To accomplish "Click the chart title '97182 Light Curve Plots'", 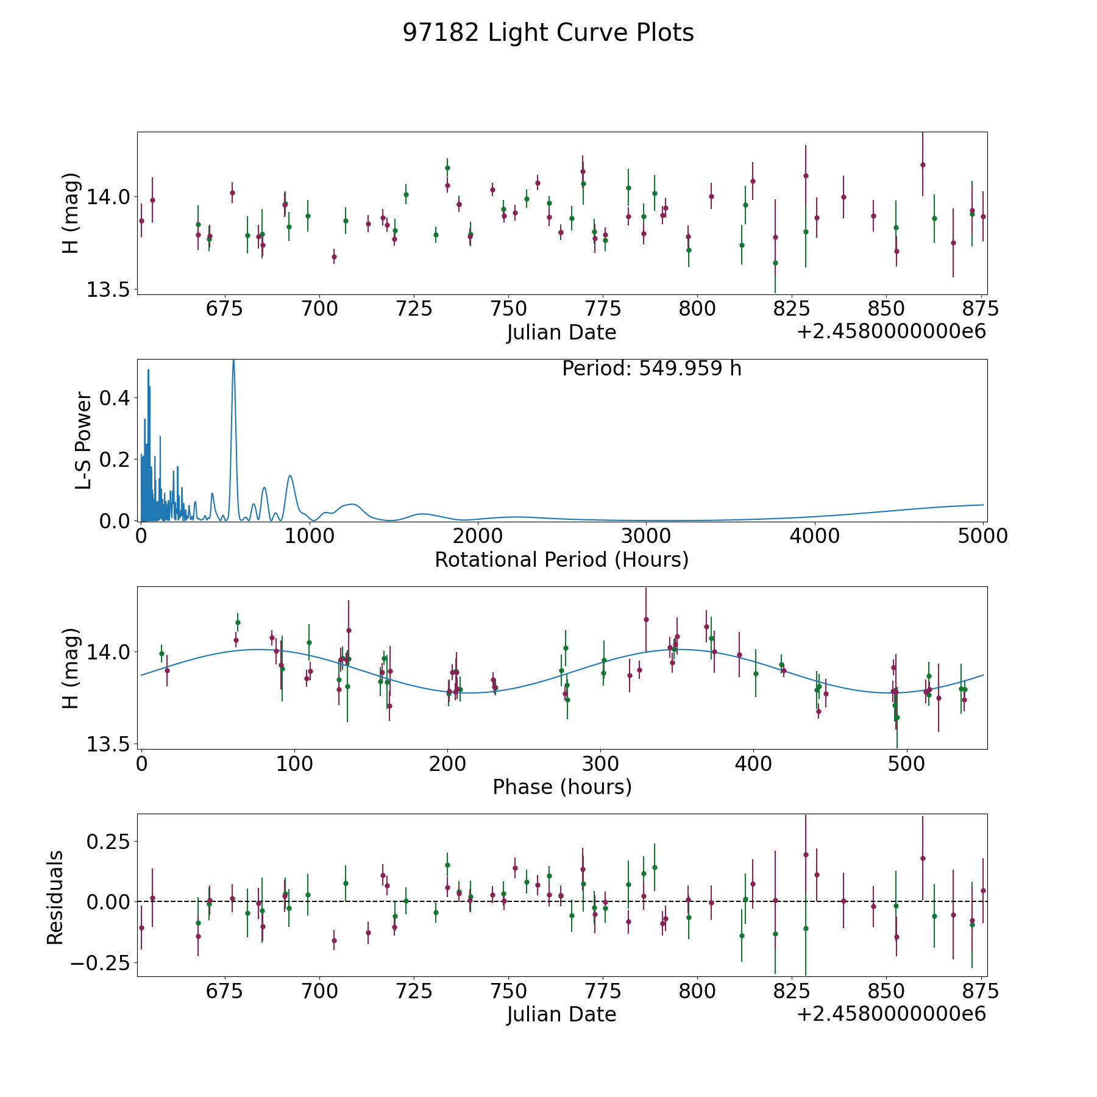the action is (x=548, y=33).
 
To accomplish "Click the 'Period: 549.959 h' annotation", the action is (x=651, y=369).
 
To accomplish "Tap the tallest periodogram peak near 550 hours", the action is (x=233, y=361).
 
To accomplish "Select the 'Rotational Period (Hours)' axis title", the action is (x=561, y=559).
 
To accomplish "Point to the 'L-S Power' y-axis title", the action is (x=84, y=441).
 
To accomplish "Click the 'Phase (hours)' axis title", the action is (x=562, y=787).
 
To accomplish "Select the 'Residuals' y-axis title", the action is (x=55, y=898).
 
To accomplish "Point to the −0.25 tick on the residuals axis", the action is (x=100, y=964).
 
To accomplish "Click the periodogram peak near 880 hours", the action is (x=290, y=476).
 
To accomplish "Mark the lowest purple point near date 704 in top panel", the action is (x=334, y=257).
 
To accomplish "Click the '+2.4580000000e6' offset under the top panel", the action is (x=891, y=332).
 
